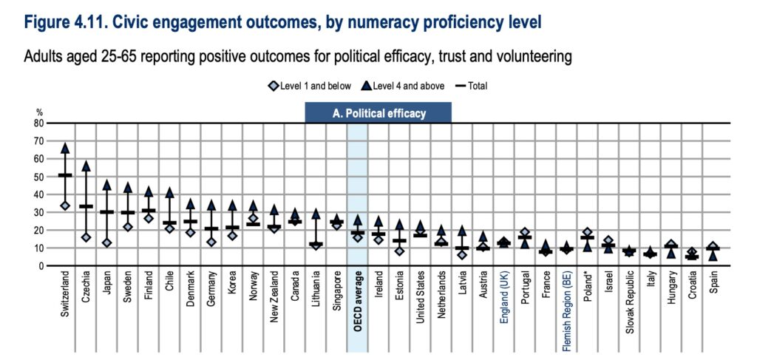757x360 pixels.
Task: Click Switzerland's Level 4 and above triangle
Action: click(65, 148)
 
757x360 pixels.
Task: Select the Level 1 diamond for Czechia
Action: click(86, 237)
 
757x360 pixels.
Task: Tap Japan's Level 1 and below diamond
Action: click(107, 242)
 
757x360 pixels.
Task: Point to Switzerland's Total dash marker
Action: click(65, 175)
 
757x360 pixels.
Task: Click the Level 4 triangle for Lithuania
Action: click(316, 214)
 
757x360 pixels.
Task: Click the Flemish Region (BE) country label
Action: click(567, 310)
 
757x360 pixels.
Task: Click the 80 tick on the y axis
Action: click(39, 123)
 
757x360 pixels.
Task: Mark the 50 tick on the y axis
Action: click(39, 177)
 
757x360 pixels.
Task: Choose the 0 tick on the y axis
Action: click(41, 265)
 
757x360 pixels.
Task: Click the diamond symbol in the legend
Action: click(274, 86)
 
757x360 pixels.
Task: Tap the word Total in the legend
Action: click(476, 86)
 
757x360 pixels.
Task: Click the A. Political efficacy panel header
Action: click(378, 113)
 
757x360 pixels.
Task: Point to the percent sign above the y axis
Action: click(41, 112)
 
